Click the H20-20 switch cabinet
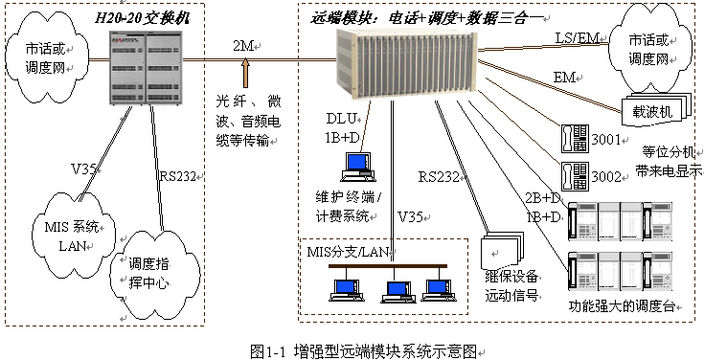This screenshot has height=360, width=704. point(146,67)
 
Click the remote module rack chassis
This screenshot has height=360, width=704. point(408,64)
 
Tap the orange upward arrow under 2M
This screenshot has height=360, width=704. point(245,74)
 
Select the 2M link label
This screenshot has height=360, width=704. point(244,46)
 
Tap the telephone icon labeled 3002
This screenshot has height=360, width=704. point(575,176)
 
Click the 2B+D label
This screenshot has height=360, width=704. point(543,198)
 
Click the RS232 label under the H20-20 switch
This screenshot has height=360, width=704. point(178,176)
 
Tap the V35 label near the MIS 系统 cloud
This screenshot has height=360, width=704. point(83,169)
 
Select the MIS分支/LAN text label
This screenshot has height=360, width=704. point(348,252)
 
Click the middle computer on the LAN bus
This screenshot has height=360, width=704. point(396,290)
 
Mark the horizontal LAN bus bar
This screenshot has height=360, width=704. point(388,266)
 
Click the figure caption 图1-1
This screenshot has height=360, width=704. point(268,351)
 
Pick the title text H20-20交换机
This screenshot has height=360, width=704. point(143,18)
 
